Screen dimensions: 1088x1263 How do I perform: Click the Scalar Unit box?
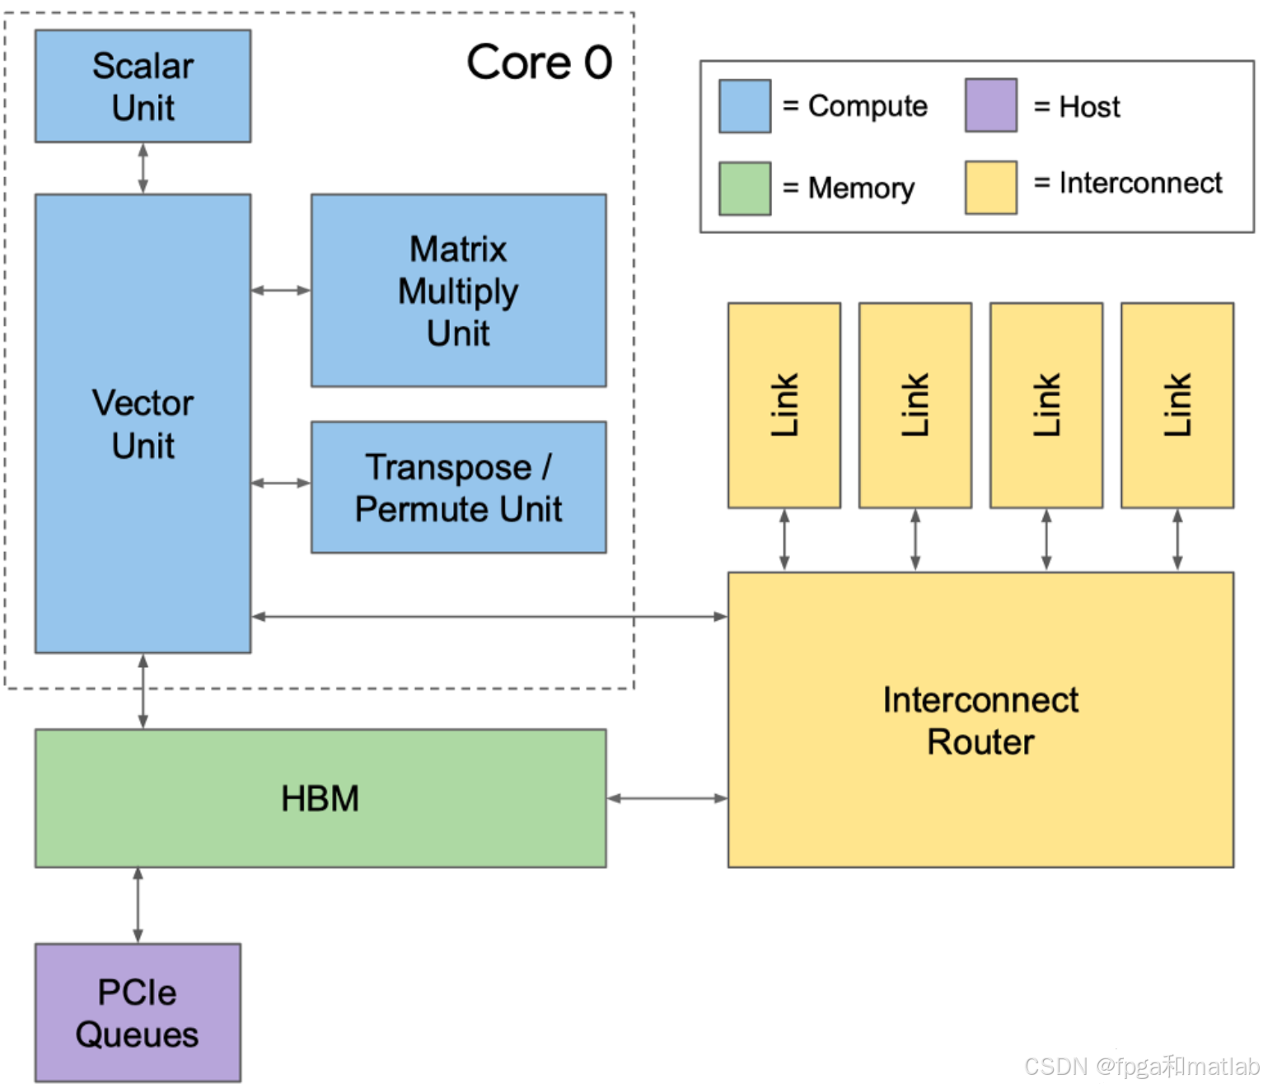tap(143, 86)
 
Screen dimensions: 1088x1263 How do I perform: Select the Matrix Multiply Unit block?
tap(458, 291)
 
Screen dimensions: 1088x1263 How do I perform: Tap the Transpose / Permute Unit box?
tap(458, 488)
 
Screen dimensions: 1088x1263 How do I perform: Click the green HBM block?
tap(320, 798)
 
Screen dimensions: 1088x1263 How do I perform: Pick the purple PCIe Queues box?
tap(138, 1013)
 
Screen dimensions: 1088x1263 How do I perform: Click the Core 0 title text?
tap(539, 63)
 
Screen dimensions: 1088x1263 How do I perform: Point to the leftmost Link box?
tap(784, 405)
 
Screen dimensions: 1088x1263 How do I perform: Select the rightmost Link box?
tap(1176, 405)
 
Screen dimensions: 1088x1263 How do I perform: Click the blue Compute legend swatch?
tap(745, 106)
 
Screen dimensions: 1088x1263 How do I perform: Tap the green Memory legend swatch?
tap(745, 189)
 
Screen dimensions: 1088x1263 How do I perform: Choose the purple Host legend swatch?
tap(990, 105)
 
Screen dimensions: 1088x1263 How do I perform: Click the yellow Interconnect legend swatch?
tap(990, 188)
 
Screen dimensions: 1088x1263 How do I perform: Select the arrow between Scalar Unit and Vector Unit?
tap(143, 169)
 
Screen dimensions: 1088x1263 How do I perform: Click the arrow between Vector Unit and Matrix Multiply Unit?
tap(281, 290)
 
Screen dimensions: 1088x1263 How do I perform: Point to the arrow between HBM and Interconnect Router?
tap(667, 798)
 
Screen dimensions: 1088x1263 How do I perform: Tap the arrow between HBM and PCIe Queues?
tap(138, 905)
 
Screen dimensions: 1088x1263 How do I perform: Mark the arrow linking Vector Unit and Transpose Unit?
tap(281, 483)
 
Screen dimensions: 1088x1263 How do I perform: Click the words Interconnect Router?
tap(980, 721)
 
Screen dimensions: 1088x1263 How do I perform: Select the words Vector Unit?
tap(143, 424)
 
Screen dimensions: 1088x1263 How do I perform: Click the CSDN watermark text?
tap(1141, 1067)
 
